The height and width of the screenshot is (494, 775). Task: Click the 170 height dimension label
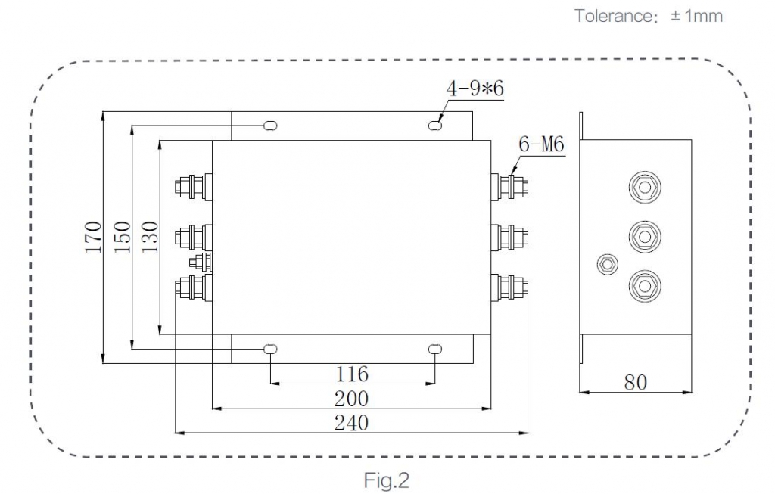pos(93,237)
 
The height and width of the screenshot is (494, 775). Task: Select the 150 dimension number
pos(122,237)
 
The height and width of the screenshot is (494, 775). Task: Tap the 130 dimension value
pos(150,237)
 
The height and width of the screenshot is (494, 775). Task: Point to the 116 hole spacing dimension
pos(352,374)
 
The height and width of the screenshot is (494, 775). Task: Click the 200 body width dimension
pos(351,399)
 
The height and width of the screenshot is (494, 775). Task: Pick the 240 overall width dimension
pos(351,423)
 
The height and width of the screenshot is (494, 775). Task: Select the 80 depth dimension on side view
pos(635,382)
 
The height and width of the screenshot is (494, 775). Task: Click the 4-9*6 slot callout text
pos(475,89)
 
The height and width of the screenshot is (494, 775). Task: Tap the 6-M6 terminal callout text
pos(541,144)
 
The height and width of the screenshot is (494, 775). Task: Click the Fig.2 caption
pos(387,480)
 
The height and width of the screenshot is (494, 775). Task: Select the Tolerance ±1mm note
pos(649,16)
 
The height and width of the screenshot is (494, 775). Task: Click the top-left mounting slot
pos(270,126)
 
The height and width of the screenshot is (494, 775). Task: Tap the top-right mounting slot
pos(435,126)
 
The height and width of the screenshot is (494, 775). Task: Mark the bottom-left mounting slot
pos(270,350)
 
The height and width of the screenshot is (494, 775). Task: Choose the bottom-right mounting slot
pos(435,350)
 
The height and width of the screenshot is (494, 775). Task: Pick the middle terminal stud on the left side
pos(194,237)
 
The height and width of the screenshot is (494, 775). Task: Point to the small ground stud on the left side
pos(201,261)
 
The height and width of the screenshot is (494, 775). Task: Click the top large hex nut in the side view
pos(645,187)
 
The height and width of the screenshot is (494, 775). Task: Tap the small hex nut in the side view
pos(608,264)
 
